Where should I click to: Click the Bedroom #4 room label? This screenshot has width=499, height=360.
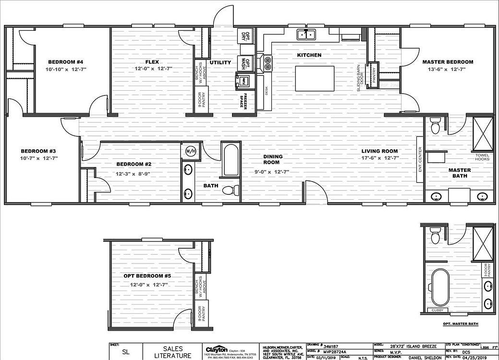coord(66,62)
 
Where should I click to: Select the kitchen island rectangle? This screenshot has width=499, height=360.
coord(315,79)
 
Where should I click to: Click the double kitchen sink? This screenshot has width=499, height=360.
coord(305,35)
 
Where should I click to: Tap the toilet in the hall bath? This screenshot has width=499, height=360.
coord(231,190)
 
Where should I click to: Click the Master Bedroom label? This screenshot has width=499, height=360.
coord(447,62)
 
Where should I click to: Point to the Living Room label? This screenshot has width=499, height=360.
coord(380,151)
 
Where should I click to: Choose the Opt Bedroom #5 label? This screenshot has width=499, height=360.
coord(151,276)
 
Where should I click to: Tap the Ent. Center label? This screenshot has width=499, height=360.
coord(420,160)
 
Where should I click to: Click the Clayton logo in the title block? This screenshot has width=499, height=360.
coord(216,349)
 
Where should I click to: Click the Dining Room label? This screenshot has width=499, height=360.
coord(272,159)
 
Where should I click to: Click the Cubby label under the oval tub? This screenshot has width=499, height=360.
coord(438,311)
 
